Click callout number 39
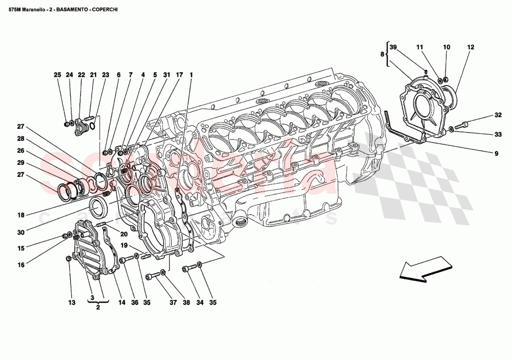point(393,47)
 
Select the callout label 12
point(471,47)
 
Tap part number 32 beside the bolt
point(498,115)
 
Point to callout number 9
point(496,153)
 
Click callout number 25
point(57,75)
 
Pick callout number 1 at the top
point(191,75)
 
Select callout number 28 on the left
point(20,138)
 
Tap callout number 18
point(20,215)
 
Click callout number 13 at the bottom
point(71,303)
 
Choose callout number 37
point(173,303)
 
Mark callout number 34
point(200,303)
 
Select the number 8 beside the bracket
point(383,54)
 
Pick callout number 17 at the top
point(179,75)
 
